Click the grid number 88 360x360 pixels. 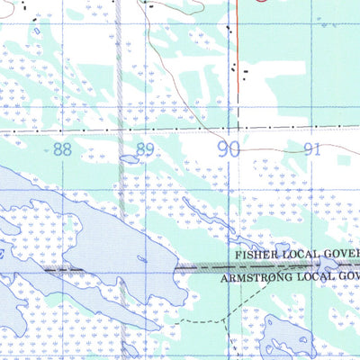61,149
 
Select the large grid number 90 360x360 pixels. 229,149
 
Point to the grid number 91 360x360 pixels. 311,149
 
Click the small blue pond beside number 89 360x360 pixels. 129,160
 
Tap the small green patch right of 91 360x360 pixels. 343,160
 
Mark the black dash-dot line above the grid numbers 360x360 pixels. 180,130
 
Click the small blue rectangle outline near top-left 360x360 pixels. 37,32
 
